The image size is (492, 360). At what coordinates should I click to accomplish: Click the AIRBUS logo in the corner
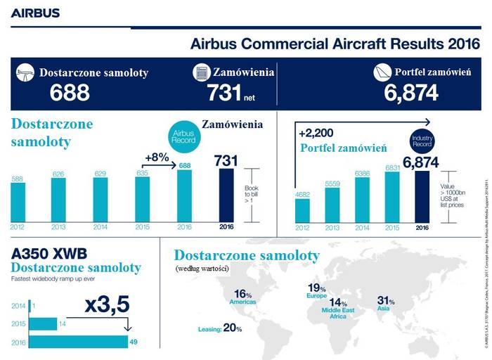(35, 13)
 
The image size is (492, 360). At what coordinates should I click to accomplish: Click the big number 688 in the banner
(70, 92)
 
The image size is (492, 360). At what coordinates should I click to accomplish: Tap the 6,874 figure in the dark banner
(411, 92)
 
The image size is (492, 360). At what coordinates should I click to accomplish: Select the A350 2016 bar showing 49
(70, 342)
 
